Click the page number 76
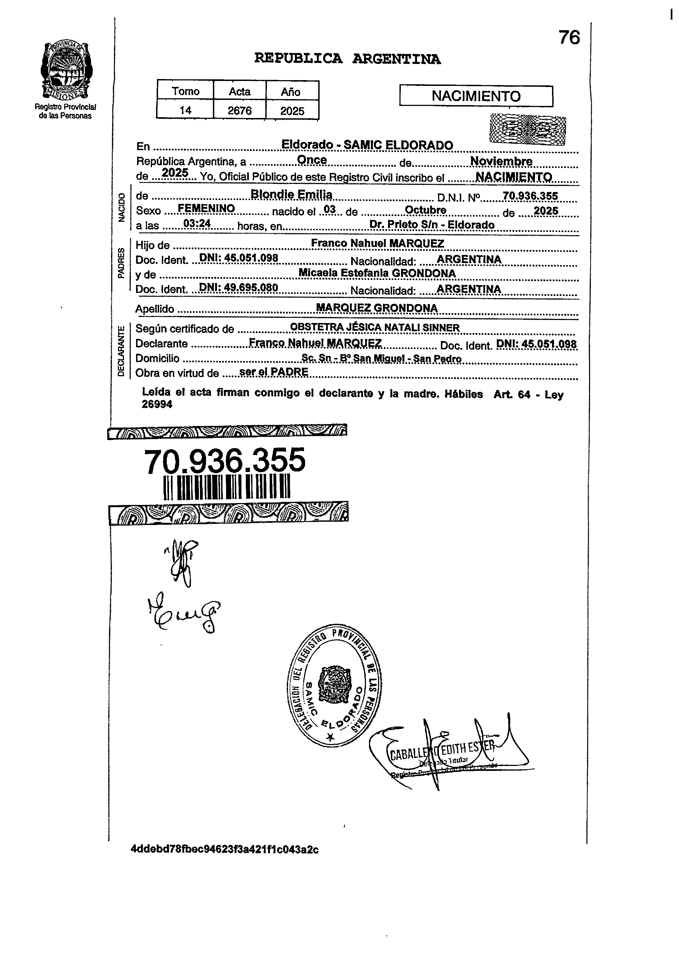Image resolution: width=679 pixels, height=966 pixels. coord(569,38)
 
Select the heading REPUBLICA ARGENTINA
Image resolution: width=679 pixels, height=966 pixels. coord(348,58)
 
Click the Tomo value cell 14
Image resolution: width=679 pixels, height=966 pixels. coord(185,111)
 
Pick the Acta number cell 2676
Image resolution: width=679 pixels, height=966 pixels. coord(240,111)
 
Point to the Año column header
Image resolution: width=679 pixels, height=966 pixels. coord(291,92)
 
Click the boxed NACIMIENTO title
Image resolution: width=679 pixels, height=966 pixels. coord(476,96)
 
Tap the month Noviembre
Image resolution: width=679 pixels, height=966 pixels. coord(501,161)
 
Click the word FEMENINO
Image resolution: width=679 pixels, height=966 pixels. coord(206,208)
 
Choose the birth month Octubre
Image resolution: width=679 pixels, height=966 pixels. coord(425,210)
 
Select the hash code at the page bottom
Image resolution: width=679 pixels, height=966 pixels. coord(225,849)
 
